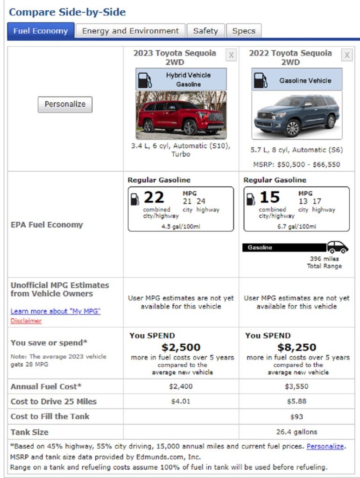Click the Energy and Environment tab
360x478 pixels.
tap(130, 31)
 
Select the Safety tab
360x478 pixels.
tap(205, 31)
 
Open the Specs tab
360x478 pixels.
tap(244, 31)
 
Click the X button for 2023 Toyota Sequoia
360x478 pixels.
tap(231, 56)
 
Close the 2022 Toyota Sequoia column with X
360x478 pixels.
tap(347, 56)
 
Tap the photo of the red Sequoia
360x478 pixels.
tap(181, 115)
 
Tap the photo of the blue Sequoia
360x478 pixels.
tap(296, 115)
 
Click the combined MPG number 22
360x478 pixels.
tap(154, 197)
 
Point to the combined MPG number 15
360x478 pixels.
tap(269, 197)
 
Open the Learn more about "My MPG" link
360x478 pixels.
tap(56, 311)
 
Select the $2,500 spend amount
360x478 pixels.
tap(181, 347)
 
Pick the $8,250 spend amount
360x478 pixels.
tap(296, 347)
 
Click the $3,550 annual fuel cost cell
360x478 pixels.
tap(296, 387)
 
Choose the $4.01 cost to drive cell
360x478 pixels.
tap(181, 401)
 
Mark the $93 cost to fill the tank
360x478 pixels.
tap(296, 416)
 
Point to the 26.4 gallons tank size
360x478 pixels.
tap(296, 432)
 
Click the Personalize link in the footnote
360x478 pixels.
tap(325, 446)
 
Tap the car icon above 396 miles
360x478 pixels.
tap(337, 247)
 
